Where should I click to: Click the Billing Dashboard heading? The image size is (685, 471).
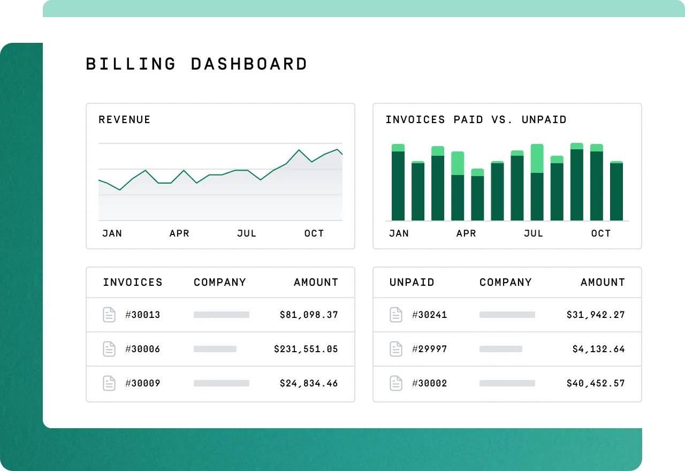196,64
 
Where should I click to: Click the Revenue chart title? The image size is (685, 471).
125,120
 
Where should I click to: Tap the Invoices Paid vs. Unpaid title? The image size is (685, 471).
476,120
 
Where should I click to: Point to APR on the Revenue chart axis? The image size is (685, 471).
179,233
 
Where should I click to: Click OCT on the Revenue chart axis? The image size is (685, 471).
314,233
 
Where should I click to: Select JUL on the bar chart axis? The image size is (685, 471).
534,233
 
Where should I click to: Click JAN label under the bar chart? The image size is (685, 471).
399,233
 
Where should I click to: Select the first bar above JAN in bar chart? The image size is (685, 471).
398,185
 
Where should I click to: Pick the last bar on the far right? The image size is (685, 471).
616,191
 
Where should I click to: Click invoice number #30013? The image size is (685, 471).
142,315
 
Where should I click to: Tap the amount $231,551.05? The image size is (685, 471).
306,349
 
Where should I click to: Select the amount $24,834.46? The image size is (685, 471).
309,383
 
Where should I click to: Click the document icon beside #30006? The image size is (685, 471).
109,349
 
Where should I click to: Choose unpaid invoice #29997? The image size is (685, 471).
429,349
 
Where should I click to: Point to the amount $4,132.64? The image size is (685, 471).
598,349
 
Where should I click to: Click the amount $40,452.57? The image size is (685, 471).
596,383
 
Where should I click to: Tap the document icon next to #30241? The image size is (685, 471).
396,315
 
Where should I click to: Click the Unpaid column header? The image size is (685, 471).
412,283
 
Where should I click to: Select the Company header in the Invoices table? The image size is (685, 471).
220,283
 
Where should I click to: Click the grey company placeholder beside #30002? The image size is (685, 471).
507,383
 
